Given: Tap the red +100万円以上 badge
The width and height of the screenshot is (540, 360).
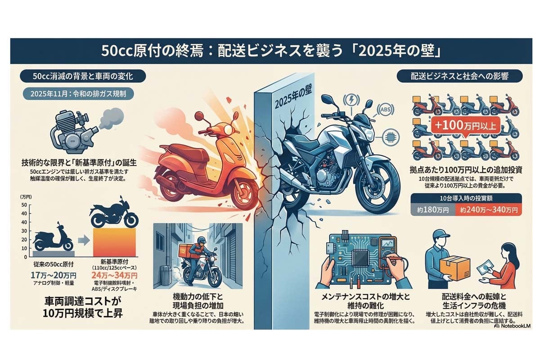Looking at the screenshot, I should click(x=465, y=126).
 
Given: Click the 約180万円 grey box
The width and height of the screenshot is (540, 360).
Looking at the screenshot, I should click(x=432, y=210).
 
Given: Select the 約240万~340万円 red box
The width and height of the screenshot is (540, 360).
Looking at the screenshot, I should click(x=488, y=210).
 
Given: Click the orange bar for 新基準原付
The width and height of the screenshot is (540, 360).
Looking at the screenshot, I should click(x=114, y=242).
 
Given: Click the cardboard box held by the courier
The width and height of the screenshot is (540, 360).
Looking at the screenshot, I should click(x=454, y=269).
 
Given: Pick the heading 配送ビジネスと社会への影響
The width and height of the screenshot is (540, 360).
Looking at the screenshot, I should click(x=459, y=76).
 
